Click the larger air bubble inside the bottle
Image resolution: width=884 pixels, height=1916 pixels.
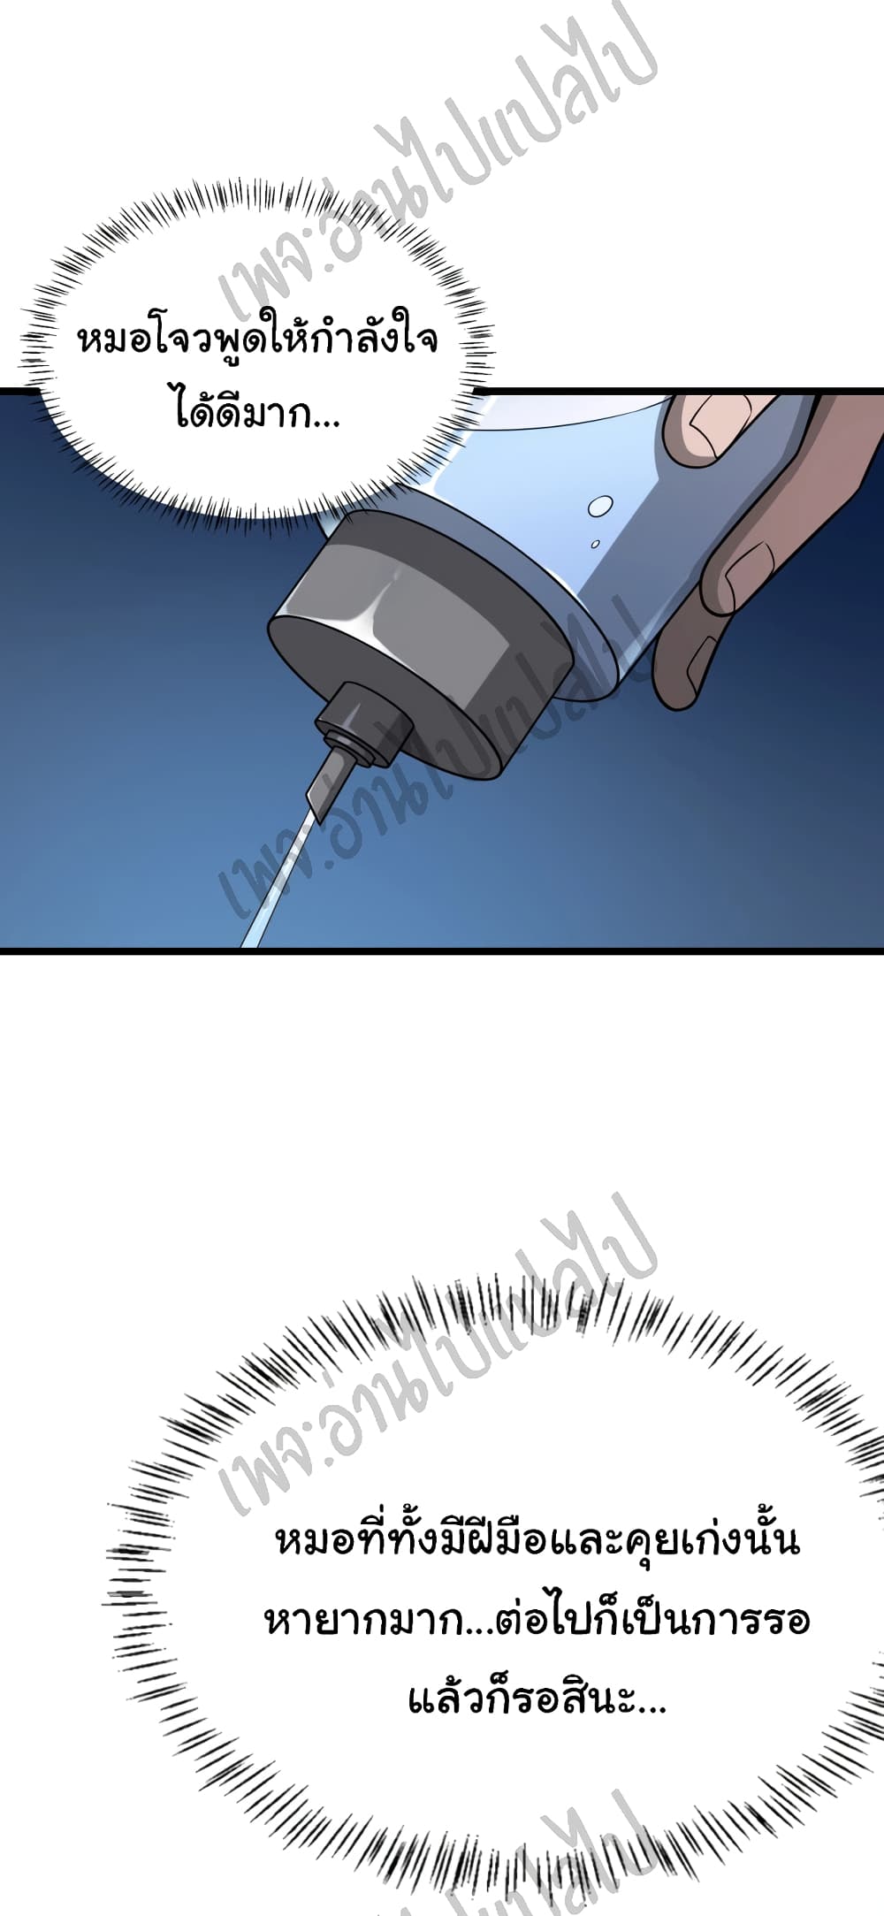pos(600,506)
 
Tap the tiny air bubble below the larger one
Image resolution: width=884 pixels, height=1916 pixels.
pos(595,543)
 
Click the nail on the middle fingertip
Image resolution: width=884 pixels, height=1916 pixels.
pos(750,570)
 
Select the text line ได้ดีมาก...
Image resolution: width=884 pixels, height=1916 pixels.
pos(257,414)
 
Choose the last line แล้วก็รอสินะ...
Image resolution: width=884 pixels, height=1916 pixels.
pos(537,1697)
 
